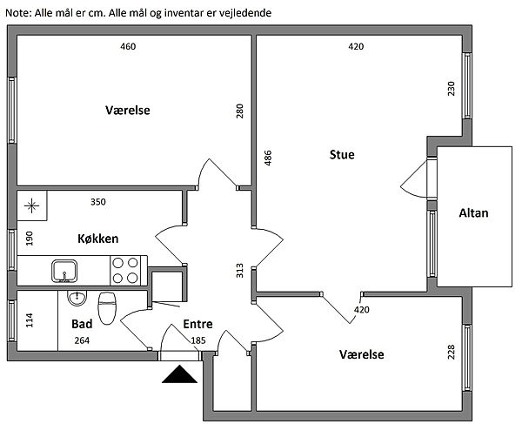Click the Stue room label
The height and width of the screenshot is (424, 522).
(x=342, y=155)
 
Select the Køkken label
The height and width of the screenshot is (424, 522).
(x=97, y=239)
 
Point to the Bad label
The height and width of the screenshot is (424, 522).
(x=82, y=322)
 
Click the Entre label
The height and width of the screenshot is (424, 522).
(x=198, y=324)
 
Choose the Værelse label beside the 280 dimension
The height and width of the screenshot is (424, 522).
(x=128, y=111)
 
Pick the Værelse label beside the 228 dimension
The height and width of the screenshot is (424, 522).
(x=361, y=354)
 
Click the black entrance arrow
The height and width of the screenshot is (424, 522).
(x=180, y=374)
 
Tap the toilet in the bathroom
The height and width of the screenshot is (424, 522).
(x=108, y=306)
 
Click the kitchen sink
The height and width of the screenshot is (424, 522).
(x=64, y=271)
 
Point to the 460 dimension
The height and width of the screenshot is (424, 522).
(x=128, y=47)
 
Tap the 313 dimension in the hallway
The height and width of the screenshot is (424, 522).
(x=240, y=270)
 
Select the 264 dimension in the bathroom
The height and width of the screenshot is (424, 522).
(x=82, y=340)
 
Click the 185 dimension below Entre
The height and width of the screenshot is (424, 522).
(x=198, y=340)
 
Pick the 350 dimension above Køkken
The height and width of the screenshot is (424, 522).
(x=98, y=202)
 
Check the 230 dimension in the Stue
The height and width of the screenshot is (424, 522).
(x=451, y=88)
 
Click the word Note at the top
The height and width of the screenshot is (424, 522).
(x=17, y=14)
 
